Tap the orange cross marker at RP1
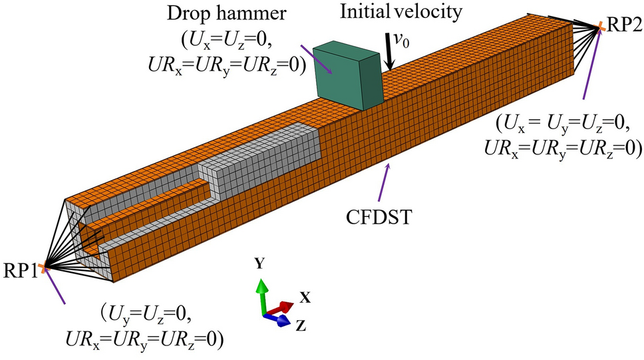pos(42,268)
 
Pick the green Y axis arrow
pos(262,293)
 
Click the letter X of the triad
pos(305,297)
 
